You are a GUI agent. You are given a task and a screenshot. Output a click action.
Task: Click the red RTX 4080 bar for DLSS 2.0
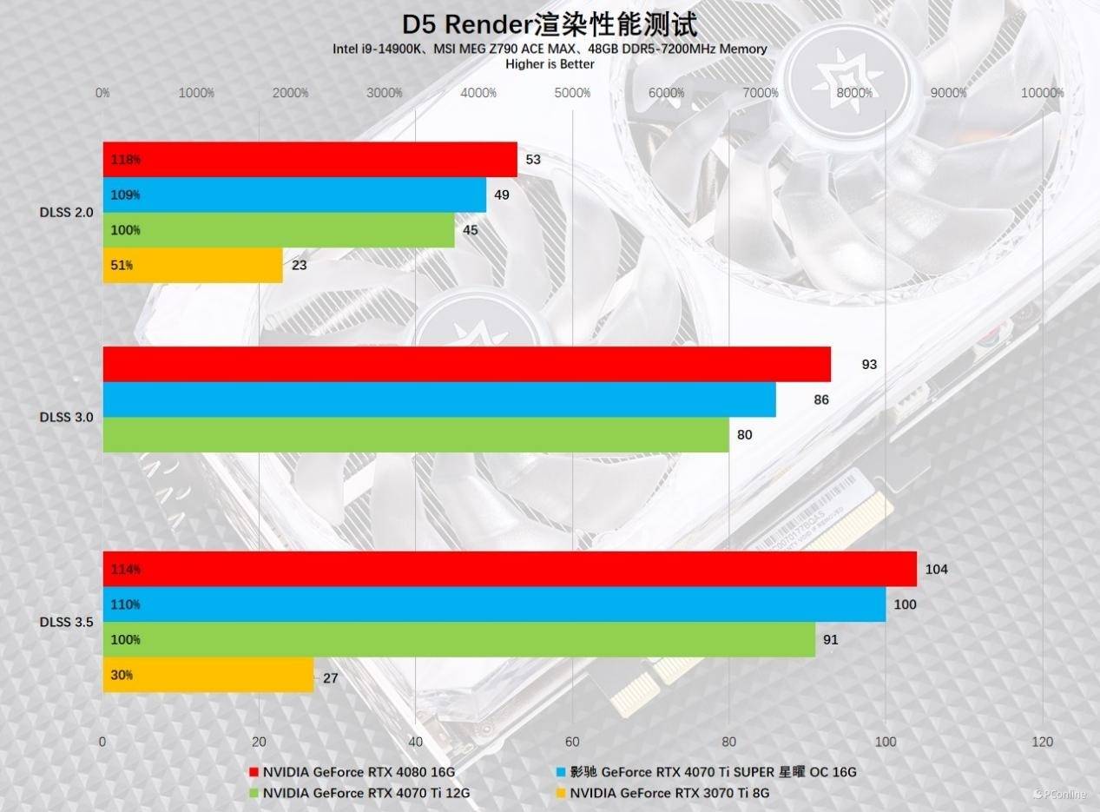[x=309, y=160]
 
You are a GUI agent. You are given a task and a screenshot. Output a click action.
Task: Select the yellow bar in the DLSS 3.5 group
[x=207, y=675]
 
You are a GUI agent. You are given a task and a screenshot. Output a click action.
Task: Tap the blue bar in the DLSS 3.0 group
[x=438, y=399]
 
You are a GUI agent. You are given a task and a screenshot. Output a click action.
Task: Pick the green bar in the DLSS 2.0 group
[x=278, y=230]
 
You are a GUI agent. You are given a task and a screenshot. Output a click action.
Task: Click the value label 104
[x=937, y=570]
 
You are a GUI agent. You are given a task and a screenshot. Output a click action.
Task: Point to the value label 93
[x=869, y=365]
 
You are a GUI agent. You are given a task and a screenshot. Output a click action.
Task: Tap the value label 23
[x=300, y=266]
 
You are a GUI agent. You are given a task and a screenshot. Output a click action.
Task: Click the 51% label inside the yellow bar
[x=122, y=266]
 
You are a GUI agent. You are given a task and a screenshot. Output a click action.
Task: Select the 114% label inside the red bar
[x=126, y=570]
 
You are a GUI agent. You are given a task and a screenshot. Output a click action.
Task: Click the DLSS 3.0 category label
[x=66, y=417]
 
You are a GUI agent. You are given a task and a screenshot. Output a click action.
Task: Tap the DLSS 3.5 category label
[x=66, y=622]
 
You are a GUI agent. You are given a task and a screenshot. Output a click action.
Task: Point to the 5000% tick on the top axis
[x=572, y=93]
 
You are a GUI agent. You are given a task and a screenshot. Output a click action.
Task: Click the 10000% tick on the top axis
[x=1042, y=93]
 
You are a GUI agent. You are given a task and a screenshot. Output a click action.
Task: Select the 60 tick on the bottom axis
[x=572, y=742]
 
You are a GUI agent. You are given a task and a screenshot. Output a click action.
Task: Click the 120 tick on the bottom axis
[x=1043, y=742]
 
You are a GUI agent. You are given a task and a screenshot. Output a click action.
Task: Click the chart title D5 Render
[x=550, y=24]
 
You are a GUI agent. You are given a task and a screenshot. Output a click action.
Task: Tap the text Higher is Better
[x=550, y=63]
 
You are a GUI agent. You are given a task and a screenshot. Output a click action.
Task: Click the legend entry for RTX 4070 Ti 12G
[x=366, y=792]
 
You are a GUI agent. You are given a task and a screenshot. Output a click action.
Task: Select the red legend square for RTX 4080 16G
[x=254, y=771]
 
